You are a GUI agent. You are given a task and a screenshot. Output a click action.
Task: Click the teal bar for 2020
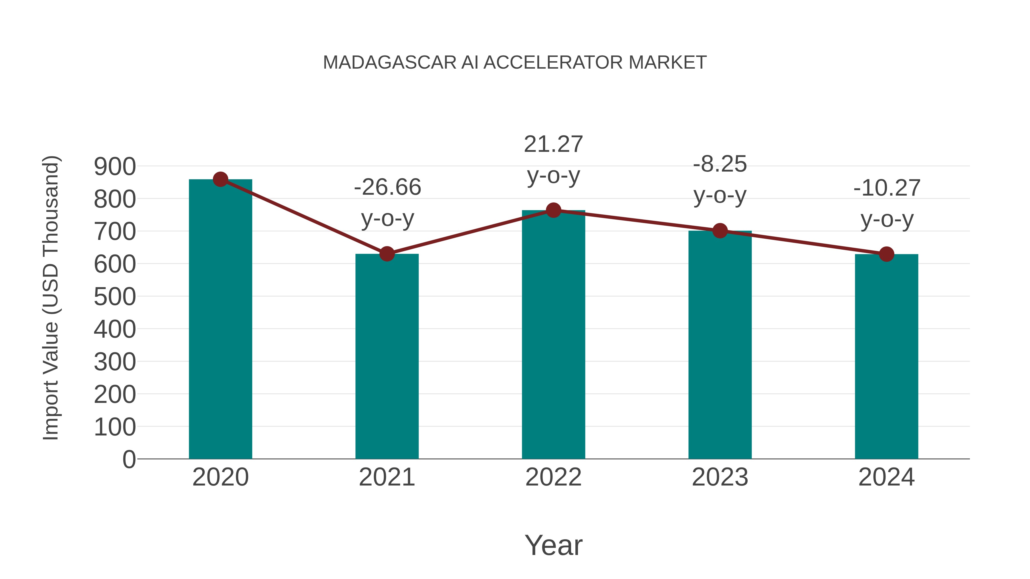click(x=220, y=320)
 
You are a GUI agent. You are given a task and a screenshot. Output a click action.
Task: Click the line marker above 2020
click(x=220, y=179)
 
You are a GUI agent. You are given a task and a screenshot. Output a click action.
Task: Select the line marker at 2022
click(x=553, y=210)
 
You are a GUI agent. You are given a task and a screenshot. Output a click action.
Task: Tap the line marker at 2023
click(x=720, y=231)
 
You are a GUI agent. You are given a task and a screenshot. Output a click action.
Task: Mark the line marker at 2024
click(x=886, y=254)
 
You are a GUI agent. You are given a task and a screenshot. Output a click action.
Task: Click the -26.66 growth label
click(x=387, y=187)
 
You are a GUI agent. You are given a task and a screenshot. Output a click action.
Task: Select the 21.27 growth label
click(x=553, y=144)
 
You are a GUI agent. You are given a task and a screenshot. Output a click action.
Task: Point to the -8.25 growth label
click(x=720, y=164)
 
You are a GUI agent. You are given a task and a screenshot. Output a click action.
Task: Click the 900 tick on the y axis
click(x=115, y=167)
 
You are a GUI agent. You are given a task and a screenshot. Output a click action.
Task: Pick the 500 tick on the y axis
click(x=115, y=297)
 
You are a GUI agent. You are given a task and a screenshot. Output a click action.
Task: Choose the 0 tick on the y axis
click(x=129, y=459)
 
